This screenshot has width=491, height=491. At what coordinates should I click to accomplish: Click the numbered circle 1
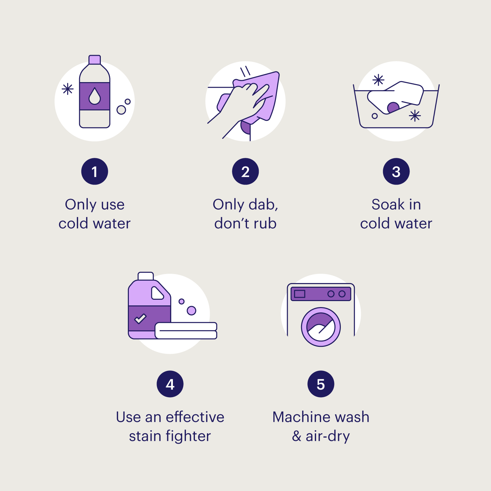click(x=94, y=172)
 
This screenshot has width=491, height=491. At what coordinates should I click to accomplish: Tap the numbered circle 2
click(x=245, y=172)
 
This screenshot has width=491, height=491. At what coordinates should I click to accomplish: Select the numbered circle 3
click(x=396, y=172)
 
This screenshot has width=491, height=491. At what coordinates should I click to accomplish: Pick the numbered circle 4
click(x=170, y=384)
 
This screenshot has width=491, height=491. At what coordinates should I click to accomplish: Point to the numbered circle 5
click(x=321, y=384)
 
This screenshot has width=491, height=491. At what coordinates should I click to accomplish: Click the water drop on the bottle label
click(x=95, y=96)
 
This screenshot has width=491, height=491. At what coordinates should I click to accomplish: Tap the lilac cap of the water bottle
click(x=95, y=60)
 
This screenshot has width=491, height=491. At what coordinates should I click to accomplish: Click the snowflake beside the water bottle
click(x=68, y=89)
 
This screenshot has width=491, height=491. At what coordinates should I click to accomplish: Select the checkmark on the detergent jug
click(x=140, y=319)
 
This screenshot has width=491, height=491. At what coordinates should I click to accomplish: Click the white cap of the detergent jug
click(x=146, y=276)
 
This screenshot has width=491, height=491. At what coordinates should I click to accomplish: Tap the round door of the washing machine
click(x=321, y=327)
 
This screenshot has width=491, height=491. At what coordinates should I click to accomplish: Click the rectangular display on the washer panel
click(x=299, y=294)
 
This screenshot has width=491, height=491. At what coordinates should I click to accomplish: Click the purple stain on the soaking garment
click(x=393, y=107)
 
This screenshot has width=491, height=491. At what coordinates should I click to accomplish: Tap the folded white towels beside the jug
click(x=186, y=331)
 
